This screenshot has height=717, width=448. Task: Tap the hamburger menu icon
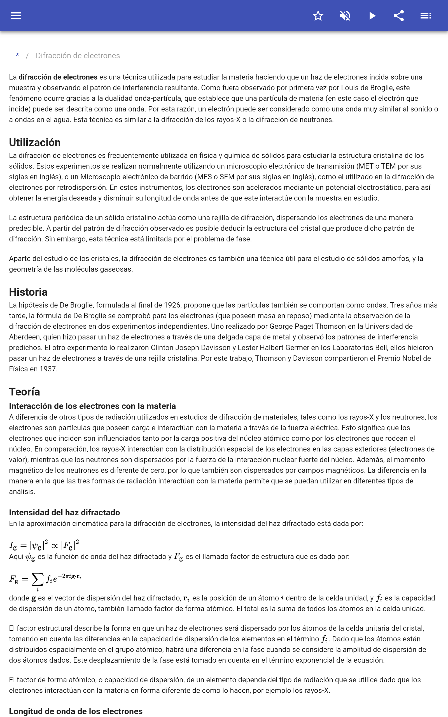pos(16,16)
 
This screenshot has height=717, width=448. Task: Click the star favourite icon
pos(318,16)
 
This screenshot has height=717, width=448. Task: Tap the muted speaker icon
pos(345,16)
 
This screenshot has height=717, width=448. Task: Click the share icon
pos(399,16)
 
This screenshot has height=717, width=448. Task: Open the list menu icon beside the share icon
pos(426,16)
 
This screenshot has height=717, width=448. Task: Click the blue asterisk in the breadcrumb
pos(17,55)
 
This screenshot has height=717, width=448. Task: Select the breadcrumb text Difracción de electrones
pos(78,56)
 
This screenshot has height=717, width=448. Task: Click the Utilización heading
pos(35,143)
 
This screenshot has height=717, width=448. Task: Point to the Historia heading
pos(28,292)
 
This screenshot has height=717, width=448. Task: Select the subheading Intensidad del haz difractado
pos(64,513)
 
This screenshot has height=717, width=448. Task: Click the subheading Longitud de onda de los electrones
pos(76,711)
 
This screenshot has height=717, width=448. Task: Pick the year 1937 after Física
pos(48,369)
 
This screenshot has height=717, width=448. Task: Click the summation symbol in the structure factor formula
pos(37,579)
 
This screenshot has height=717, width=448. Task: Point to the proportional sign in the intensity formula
pos(55,546)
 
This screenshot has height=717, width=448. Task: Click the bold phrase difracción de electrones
pos(58,77)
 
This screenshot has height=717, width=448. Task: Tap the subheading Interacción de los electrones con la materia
pos(92,406)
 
